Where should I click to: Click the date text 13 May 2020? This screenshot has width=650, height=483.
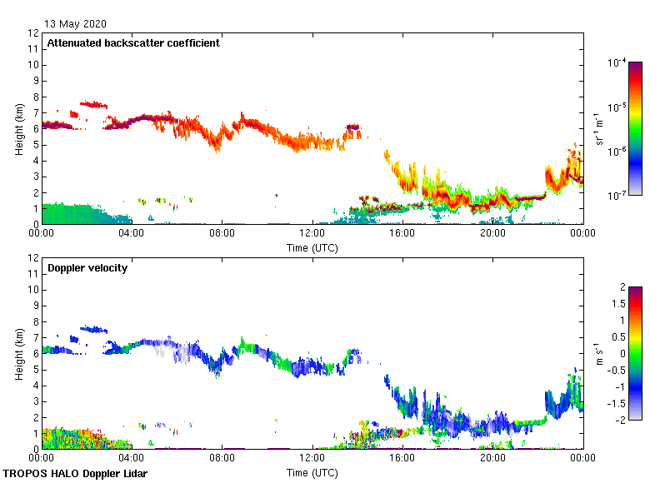pyautogui.click(x=74, y=23)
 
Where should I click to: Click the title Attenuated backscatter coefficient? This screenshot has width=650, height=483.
pyautogui.click(x=133, y=43)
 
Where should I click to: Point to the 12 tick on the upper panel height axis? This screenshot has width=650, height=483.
pyautogui.click(x=34, y=33)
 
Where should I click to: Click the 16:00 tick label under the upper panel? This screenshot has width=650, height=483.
pyautogui.click(x=402, y=234)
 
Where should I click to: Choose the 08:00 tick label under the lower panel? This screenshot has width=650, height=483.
pyautogui.click(x=222, y=459)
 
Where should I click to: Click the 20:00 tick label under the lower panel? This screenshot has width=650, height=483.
pyautogui.click(x=492, y=459)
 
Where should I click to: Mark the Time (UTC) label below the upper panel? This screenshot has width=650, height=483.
pyautogui.click(x=312, y=247)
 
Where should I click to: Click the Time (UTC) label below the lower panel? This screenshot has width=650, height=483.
pyautogui.click(x=312, y=472)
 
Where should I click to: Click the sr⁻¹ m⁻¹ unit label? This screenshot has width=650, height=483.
pyautogui.click(x=601, y=129)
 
